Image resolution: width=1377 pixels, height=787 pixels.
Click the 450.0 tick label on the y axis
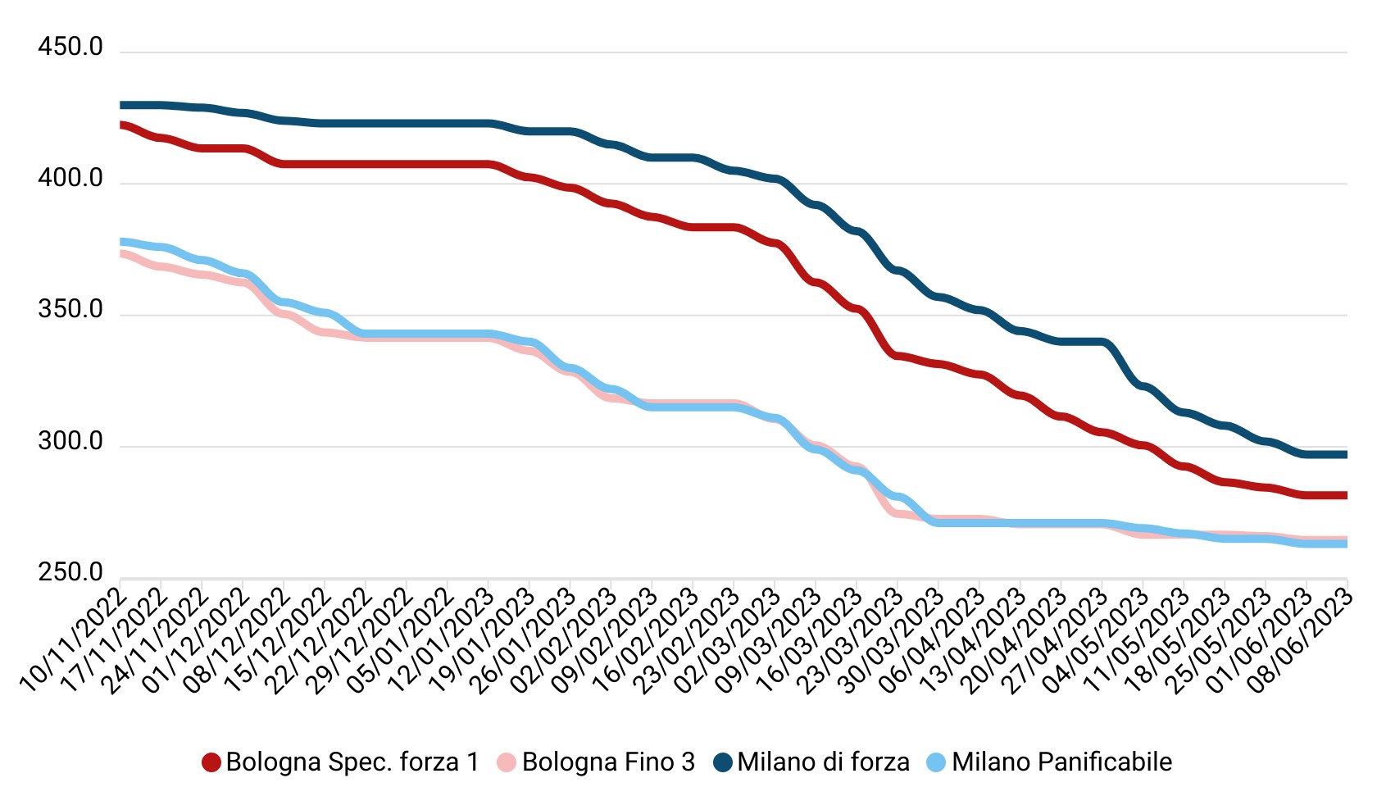pos(70,48)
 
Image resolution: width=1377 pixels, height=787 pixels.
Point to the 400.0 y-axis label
pos(70,179)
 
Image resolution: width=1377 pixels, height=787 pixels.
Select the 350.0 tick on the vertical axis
pos(70,310)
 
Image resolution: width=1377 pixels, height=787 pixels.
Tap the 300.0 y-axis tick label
pos(70,442)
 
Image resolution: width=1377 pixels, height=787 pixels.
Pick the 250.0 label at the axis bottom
pos(70,572)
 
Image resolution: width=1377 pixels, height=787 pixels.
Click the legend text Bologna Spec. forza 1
pos(352,762)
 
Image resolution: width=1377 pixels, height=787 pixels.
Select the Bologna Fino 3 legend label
pos(608,762)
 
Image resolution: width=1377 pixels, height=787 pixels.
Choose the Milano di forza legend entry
pos(823,762)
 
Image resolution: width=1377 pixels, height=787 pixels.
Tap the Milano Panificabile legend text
pos(1061,762)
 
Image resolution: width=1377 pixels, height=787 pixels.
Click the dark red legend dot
pos(211,762)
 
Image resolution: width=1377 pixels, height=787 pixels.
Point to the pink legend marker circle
pos(507,762)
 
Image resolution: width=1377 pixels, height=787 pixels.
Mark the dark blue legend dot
pos(722,762)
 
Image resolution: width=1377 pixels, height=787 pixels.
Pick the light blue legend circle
pos(936,762)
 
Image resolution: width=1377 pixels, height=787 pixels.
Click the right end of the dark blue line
pos(1346,454)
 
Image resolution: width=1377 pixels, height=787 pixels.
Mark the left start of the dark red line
pos(122,125)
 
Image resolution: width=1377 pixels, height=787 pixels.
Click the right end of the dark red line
pos(1346,495)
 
